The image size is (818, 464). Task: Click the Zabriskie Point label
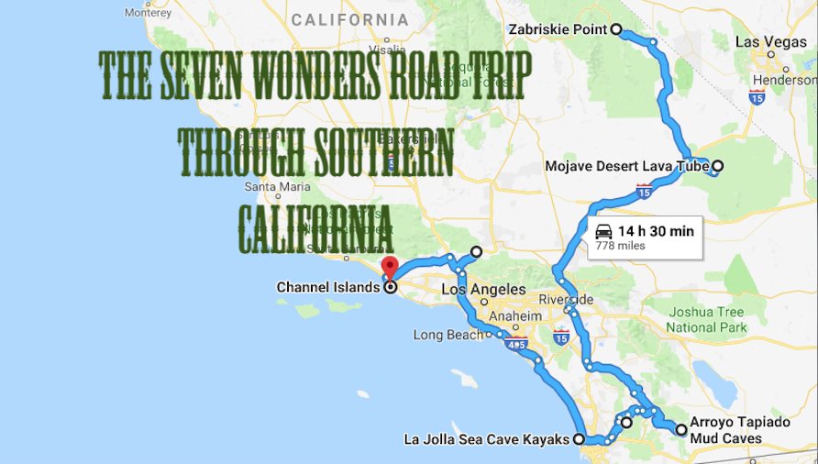point(558,29)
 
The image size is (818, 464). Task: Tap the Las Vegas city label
point(770,42)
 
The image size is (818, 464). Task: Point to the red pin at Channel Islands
point(389,267)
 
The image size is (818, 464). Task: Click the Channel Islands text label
point(327,288)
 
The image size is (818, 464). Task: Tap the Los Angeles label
point(483,290)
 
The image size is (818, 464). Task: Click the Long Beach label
point(448,335)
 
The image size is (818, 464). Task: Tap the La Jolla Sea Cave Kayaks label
point(487,440)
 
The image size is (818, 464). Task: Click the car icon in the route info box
point(602,231)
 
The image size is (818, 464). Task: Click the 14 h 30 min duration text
point(656,231)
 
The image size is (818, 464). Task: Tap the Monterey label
point(148,13)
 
